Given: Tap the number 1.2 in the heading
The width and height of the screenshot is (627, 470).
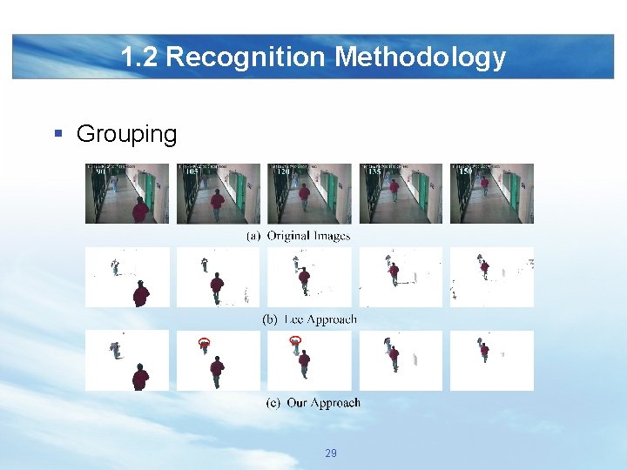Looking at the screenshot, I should pos(139,57).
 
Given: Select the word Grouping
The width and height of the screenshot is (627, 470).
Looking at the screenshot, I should pos(126,134).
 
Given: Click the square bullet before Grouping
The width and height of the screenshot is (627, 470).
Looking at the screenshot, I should pos(57,134).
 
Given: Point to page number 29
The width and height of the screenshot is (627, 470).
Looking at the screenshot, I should pos(330,453).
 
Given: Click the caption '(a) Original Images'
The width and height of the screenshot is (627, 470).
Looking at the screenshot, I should pos(299,236).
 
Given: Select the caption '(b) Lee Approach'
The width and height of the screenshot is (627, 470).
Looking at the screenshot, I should pos(309,319).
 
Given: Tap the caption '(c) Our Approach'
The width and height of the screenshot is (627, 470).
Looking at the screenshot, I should pos(313,403).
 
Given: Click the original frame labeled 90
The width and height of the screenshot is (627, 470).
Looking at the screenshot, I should pos(127,193).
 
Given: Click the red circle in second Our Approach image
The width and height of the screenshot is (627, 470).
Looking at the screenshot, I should pos(205,343).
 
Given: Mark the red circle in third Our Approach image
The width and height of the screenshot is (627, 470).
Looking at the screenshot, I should pos(295,340).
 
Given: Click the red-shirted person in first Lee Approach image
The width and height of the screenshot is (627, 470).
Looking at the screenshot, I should pos(140,293).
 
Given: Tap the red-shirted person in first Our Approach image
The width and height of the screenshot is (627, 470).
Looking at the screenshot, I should pos(140,377).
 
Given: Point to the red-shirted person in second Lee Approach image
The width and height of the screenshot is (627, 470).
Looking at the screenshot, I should pos(217,287).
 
